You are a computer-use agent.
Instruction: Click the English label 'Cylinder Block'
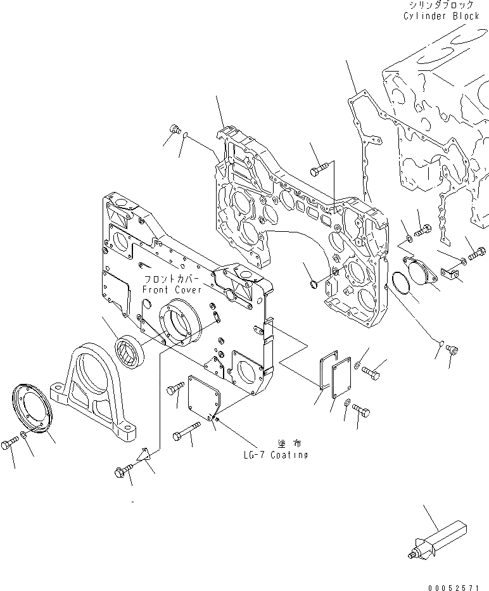[x=441, y=16]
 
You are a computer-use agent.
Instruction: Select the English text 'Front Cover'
[x=172, y=289]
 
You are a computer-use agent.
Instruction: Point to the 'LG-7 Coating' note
[x=275, y=455]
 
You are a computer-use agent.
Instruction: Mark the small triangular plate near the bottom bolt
[x=144, y=455]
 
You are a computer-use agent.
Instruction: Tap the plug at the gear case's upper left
[x=173, y=130]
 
